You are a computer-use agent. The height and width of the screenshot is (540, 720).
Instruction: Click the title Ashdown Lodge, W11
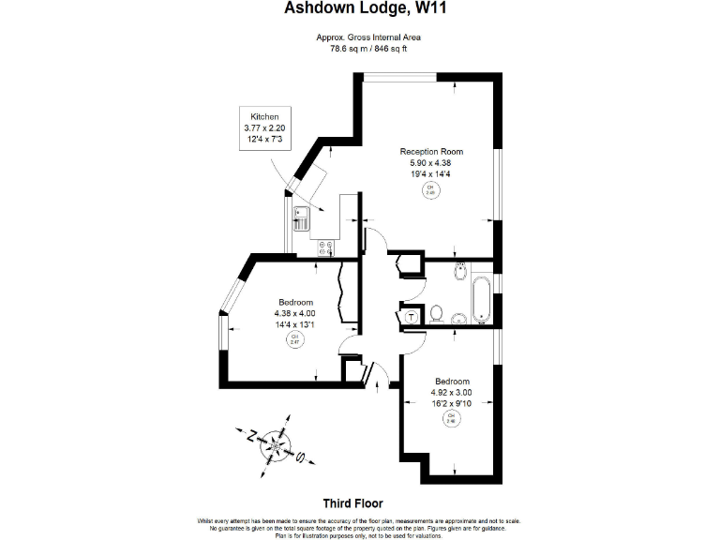click(360, 10)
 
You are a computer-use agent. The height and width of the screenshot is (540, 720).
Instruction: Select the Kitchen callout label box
click(265, 127)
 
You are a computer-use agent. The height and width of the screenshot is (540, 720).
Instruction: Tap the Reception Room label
click(431, 151)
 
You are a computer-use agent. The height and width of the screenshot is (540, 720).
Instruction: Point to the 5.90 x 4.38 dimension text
click(431, 162)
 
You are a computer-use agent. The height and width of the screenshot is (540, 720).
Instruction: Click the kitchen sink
click(302, 219)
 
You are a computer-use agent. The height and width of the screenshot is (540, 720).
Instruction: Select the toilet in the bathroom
click(438, 312)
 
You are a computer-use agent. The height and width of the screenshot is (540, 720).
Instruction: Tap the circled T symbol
click(412, 318)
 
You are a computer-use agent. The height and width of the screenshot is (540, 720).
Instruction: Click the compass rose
click(276, 443)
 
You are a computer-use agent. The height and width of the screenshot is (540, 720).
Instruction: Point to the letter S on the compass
click(300, 458)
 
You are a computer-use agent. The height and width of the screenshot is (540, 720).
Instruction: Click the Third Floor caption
click(352, 502)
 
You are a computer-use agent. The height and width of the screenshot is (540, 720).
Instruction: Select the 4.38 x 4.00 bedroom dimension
click(294, 313)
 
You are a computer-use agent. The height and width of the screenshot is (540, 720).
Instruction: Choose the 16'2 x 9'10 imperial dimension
click(451, 404)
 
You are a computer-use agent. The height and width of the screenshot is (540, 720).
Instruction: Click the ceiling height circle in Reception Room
click(431, 189)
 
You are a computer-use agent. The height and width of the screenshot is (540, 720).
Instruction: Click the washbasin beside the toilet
click(458, 319)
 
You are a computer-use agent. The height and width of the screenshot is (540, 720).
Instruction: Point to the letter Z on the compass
click(251, 435)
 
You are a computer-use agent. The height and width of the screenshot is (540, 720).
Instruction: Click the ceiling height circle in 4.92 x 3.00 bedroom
click(451, 418)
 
